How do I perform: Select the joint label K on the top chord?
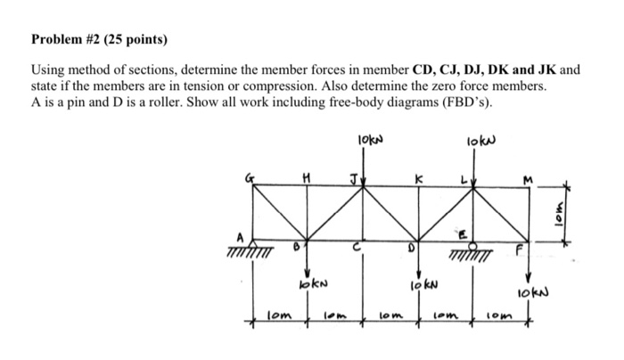pyautogui.click(x=415, y=177)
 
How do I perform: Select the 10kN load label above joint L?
pyautogui.click(x=478, y=140)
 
